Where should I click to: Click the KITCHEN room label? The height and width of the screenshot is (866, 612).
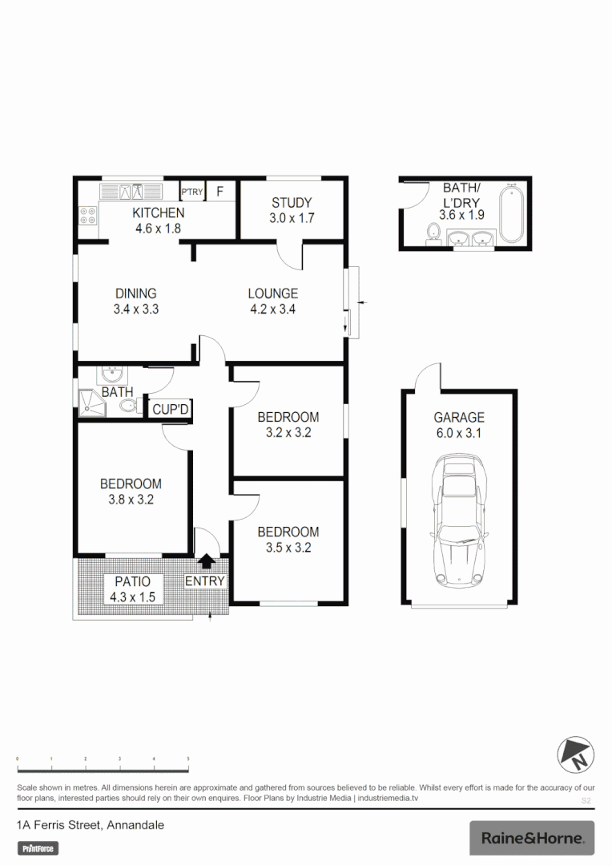point(158,212)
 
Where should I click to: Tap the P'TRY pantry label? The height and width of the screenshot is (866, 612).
point(192,192)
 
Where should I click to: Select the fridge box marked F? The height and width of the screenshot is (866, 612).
point(220,192)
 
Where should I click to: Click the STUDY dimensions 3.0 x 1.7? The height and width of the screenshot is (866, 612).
point(291,218)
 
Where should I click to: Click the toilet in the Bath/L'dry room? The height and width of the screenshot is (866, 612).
point(433,232)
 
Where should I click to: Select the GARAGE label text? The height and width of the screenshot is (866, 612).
point(459,417)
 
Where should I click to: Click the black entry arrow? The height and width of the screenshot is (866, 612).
point(207,563)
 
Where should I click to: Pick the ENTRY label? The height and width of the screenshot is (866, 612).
point(206,581)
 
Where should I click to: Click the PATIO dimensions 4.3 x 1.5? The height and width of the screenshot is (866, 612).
point(132,597)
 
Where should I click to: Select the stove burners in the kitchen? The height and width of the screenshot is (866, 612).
point(88,214)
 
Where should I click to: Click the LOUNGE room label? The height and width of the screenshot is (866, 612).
point(272,293)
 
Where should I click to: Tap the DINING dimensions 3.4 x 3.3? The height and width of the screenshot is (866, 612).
point(135,309)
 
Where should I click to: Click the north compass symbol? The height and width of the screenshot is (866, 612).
point(575,754)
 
